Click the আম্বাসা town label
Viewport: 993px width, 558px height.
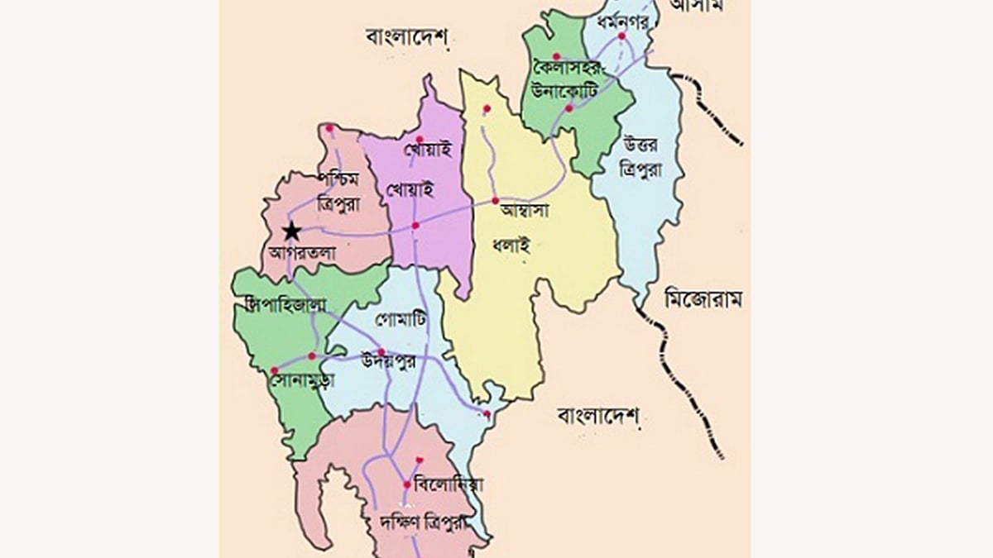(526, 212)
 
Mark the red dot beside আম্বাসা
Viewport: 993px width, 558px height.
(495, 201)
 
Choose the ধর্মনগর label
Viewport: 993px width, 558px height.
(618, 20)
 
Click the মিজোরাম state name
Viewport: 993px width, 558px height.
(703, 300)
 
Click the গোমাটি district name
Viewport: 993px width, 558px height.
(400, 319)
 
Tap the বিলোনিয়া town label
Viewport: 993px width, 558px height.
(450, 484)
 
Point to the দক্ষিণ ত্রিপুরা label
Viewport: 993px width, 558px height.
(421, 522)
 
